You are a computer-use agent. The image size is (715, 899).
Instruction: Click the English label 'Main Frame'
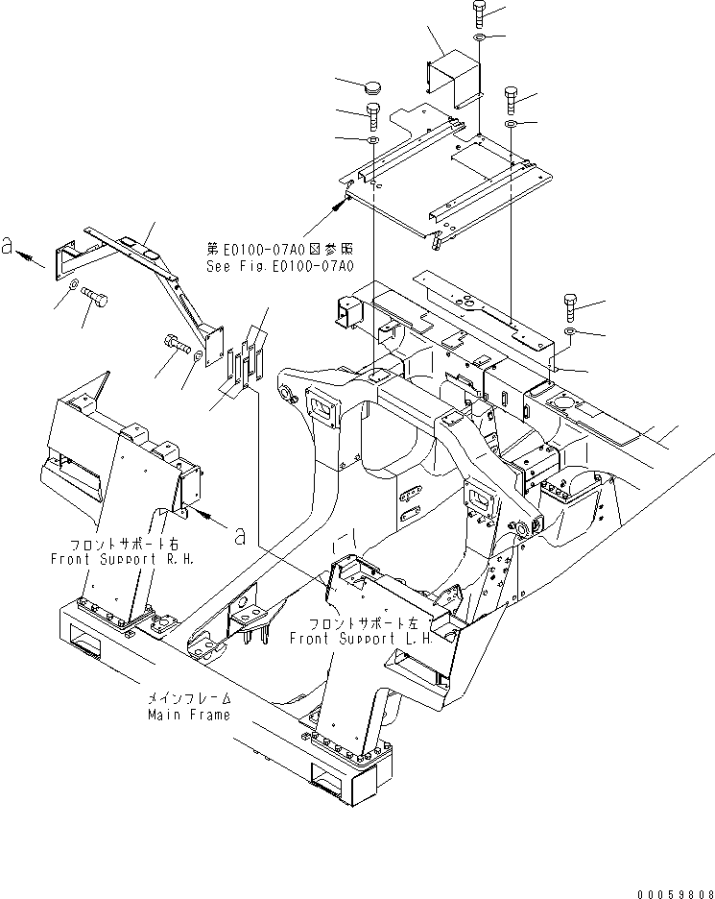click(188, 715)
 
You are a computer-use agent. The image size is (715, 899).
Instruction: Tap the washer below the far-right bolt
click(569, 333)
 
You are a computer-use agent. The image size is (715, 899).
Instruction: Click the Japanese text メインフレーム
click(188, 700)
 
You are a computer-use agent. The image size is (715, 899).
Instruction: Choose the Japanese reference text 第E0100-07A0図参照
click(277, 250)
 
